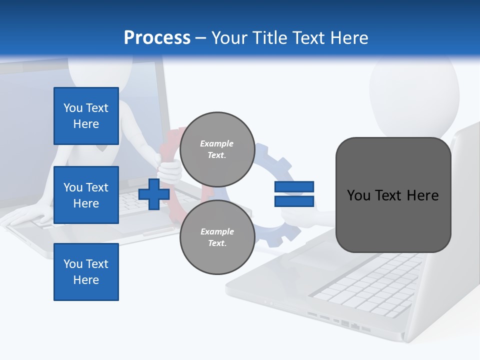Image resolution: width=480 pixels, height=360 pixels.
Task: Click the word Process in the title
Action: point(157,38)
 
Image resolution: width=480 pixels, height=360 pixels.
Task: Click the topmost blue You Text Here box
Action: point(86,116)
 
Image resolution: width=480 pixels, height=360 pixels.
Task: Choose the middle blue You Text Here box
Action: point(86,195)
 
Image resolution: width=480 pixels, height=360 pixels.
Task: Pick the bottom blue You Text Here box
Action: point(86,272)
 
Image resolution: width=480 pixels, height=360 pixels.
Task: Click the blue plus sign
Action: point(154,194)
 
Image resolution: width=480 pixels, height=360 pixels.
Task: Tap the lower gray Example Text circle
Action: point(217,237)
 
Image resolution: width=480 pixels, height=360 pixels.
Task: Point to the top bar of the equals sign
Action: point(294,186)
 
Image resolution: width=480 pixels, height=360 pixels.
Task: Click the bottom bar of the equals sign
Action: point(294,201)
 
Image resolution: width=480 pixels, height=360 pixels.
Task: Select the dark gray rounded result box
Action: point(393,195)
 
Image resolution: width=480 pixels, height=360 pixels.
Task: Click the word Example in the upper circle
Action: point(217,143)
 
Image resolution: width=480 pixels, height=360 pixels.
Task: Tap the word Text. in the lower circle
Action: point(217,243)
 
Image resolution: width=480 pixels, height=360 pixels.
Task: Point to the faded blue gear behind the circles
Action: point(280,165)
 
